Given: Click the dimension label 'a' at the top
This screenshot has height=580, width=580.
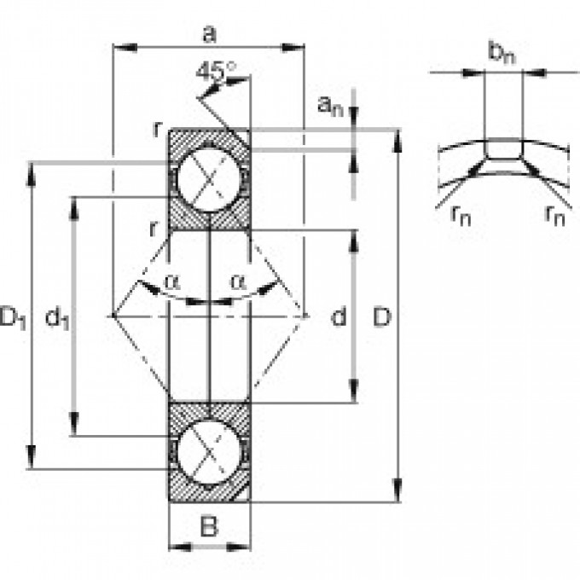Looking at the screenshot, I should [208, 33].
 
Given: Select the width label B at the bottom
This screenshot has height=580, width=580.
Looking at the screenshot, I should [208, 527].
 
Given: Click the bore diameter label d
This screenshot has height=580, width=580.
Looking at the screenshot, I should [339, 317].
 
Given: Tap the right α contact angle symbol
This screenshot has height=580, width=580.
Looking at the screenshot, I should [236, 279].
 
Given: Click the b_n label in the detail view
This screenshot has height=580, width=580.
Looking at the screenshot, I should [501, 53].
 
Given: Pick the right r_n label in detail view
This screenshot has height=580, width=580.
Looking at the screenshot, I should [554, 214].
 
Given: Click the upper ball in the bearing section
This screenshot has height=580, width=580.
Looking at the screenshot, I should [208, 182].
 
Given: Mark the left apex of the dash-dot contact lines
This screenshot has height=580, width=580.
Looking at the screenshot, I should [113, 316].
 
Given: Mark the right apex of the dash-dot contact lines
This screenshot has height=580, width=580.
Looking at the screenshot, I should [305, 316].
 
